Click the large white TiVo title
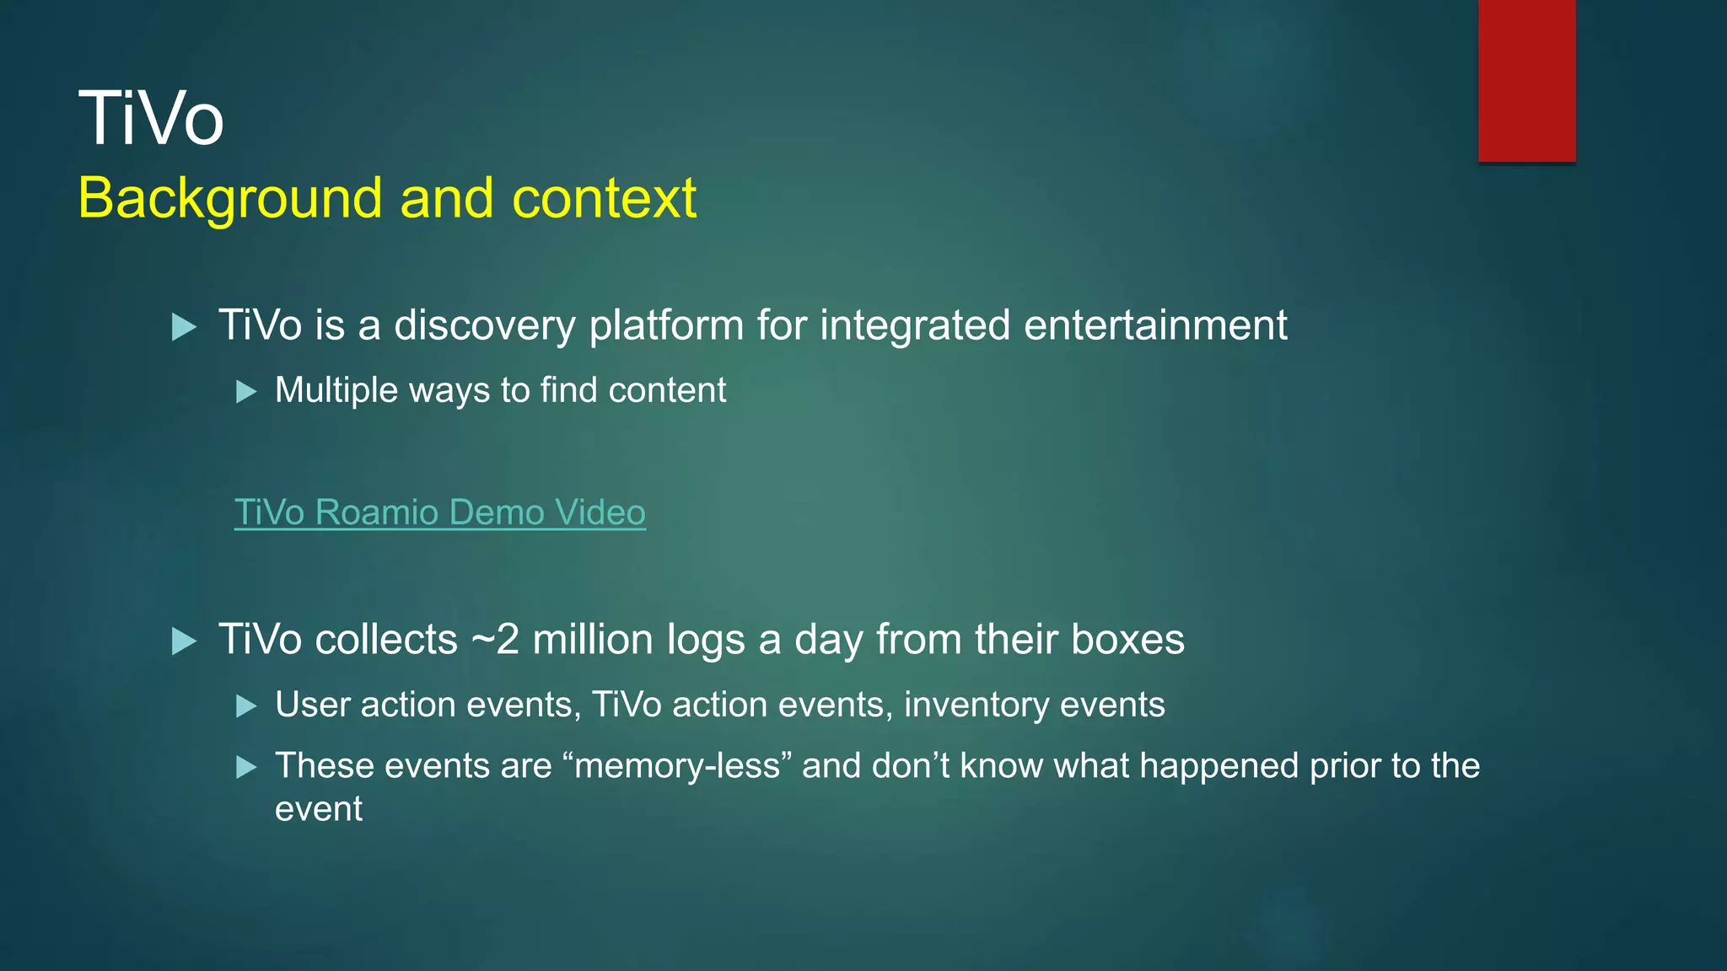pyautogui.click(x=151, y=119)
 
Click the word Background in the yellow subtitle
pyautogui.click(x=229, y=199)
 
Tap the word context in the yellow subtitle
pyautogui.click(x=604, y=199)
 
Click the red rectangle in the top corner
pyautogui.click(x=1526, y=80)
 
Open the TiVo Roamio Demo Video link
pyautogui.click(x=439, y=512)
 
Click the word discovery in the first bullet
pyautogui.click(x=484, y=326)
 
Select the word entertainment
pyautogui.click(x=1155, y=326)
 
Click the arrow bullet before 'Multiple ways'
pyautogui.click(x=246, y=392)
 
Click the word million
pyautogui.click(x=593, y=640)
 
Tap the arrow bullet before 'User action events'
pyautogui.click(x=246, y=706)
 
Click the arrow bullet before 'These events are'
pyautogui.click(x=246, y=767)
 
